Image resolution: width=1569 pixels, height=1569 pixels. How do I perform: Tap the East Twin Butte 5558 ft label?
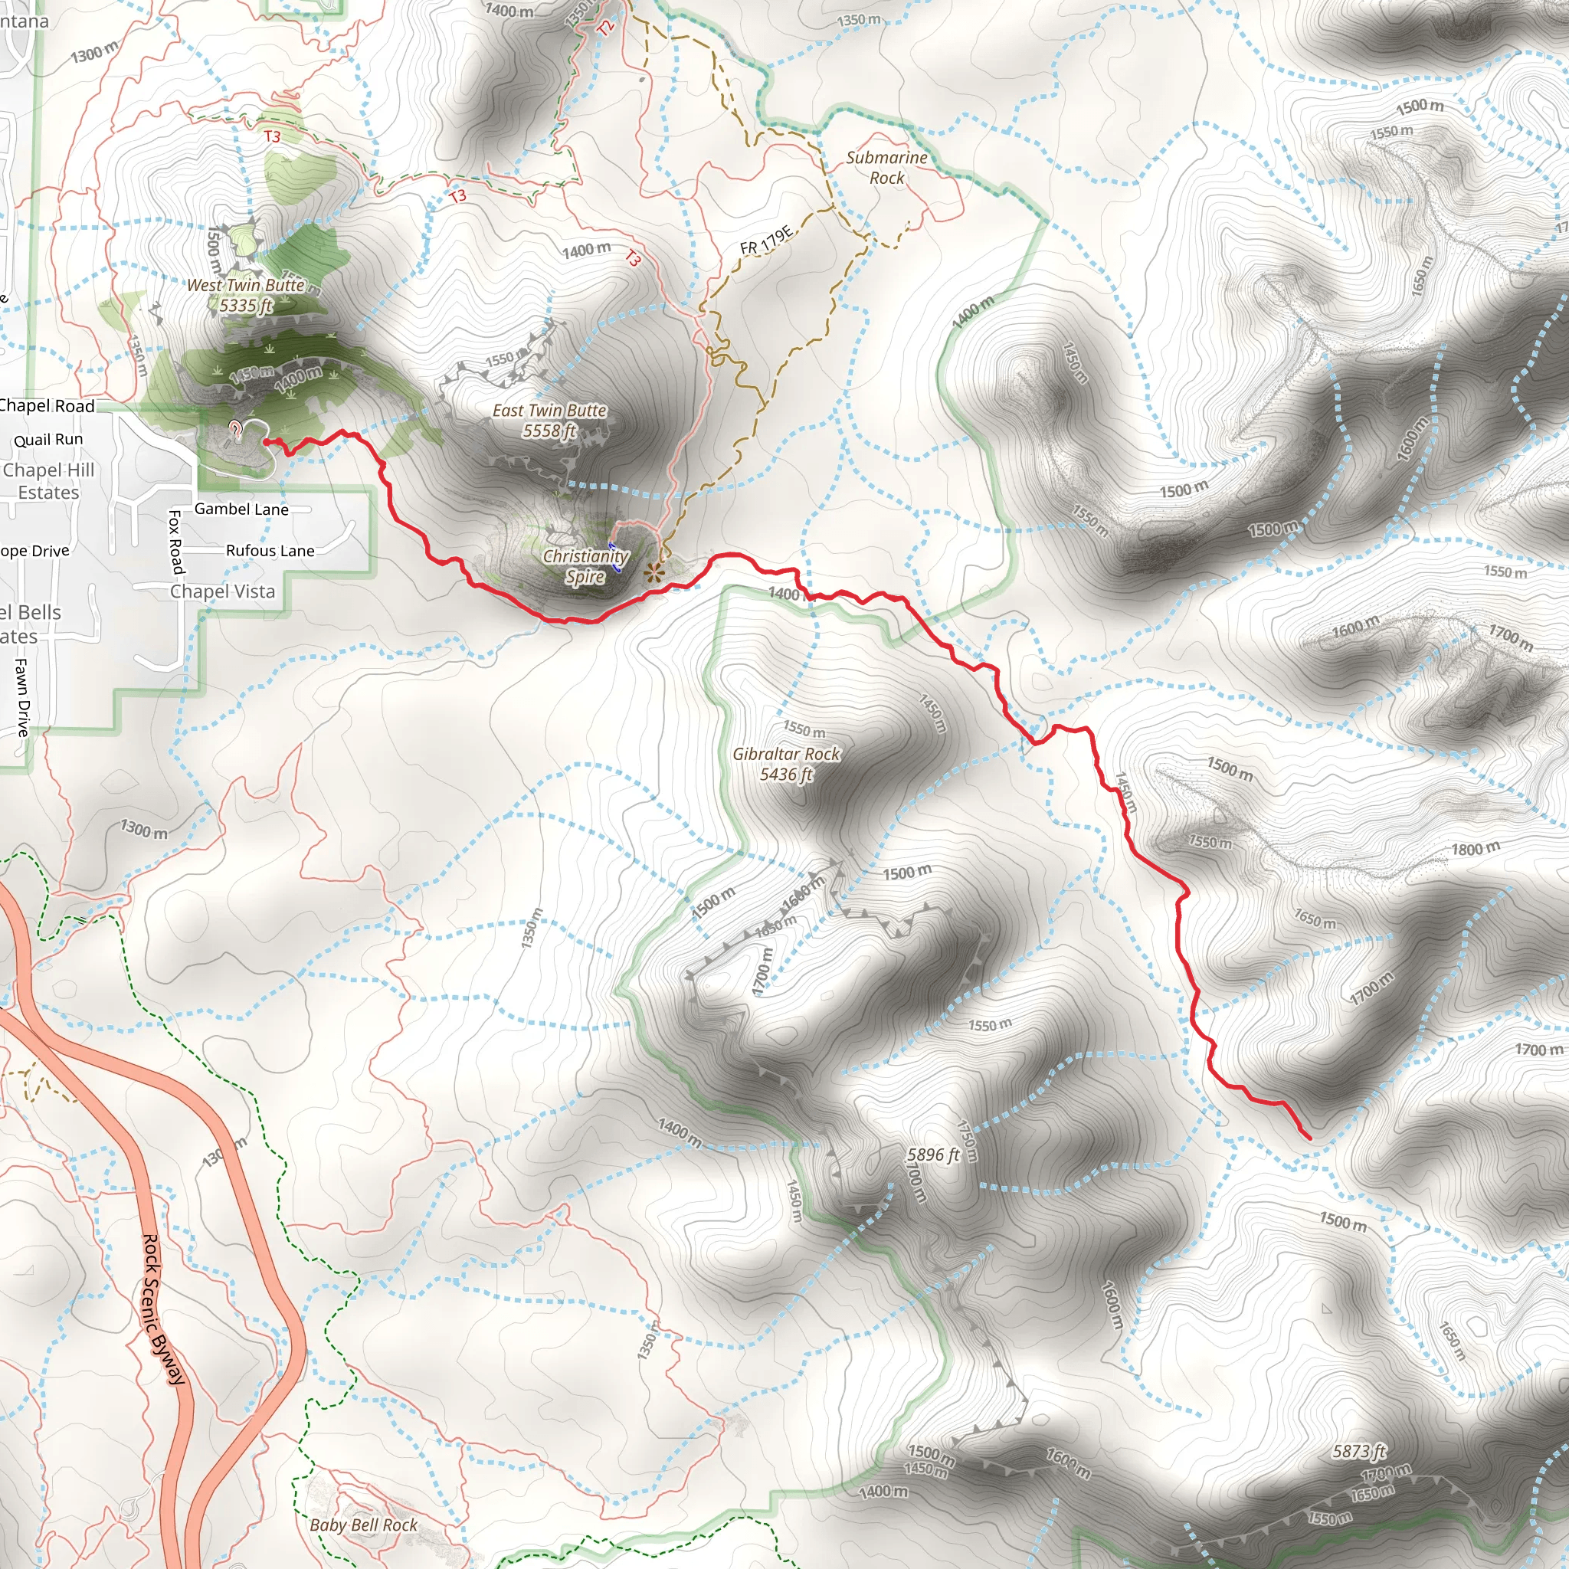tap(550, 421)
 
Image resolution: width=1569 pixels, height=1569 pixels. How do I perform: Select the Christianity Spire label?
tap(585, 566)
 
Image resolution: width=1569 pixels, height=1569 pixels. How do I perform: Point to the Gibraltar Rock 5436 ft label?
tap(786, 764)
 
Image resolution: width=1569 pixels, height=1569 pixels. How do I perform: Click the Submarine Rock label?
tap(887, 167)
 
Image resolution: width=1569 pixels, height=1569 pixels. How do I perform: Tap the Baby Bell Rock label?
tap(363, 1525)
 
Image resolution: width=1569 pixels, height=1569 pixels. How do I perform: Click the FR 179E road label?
tap(766, 241)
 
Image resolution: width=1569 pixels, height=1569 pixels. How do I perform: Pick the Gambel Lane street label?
tap(241, 509)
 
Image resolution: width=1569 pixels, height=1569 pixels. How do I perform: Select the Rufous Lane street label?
tap(270, 551)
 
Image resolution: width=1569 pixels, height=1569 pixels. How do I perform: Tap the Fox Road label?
tap(176, 542)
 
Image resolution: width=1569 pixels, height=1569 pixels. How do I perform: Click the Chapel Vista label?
tap(222, 591)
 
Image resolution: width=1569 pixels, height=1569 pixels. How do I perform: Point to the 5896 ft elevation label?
tap(933, 1155)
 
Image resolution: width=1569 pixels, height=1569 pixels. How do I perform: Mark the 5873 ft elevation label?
tap(1358, 1450)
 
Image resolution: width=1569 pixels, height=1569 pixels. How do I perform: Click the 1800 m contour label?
tap(1476, 850)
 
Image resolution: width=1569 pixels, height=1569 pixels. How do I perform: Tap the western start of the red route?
tap(267, 442)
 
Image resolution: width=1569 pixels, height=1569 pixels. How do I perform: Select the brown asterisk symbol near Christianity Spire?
tap(653, 573)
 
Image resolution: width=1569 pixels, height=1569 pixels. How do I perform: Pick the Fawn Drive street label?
tap(23, 698)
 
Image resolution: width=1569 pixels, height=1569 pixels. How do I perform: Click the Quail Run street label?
tap(49, 439)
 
